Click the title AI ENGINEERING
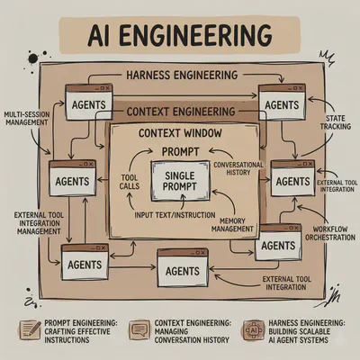(180, 36)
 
